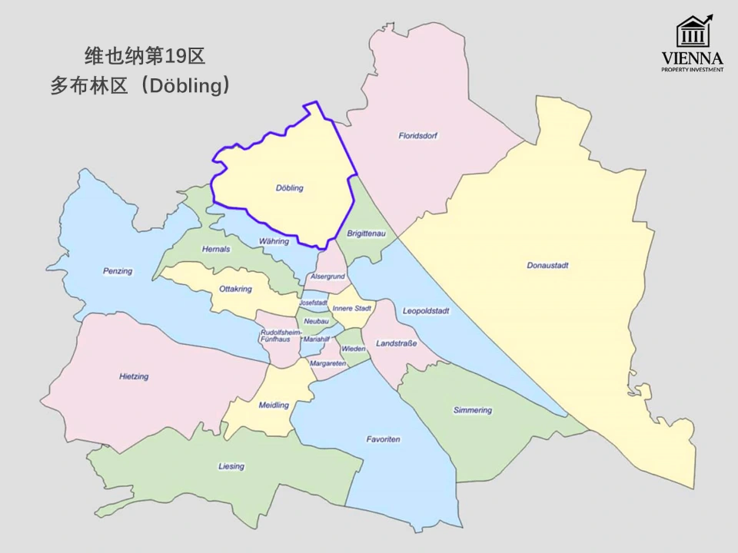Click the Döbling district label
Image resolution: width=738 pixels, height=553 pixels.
point(290,188)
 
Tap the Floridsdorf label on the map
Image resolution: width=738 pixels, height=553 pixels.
point(418,136)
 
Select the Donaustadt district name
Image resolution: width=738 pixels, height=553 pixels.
point(547,265)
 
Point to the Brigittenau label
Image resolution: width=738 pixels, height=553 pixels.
point(367,233)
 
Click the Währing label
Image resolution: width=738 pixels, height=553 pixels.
point(274,241)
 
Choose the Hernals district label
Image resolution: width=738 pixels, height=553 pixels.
point(215,250)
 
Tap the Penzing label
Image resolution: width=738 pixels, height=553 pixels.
point(118,271)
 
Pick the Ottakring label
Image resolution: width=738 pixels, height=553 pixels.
point(235,290)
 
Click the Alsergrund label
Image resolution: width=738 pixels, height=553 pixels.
point(327,276)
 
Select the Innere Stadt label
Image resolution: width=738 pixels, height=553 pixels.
point(352,309)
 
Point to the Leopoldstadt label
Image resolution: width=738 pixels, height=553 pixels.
point(426,311)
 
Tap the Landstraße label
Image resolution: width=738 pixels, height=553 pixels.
point(397,343)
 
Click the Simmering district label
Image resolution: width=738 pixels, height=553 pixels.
point(472,410)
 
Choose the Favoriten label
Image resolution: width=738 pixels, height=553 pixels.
point(383,439)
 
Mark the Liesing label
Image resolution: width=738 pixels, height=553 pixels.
point(231,466)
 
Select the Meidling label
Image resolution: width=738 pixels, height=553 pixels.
point(274,405)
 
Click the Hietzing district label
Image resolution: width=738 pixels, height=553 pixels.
point(135,376)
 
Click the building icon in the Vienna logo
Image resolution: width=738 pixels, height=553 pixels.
point(693,31)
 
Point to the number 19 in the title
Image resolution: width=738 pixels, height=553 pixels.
point(174,56)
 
